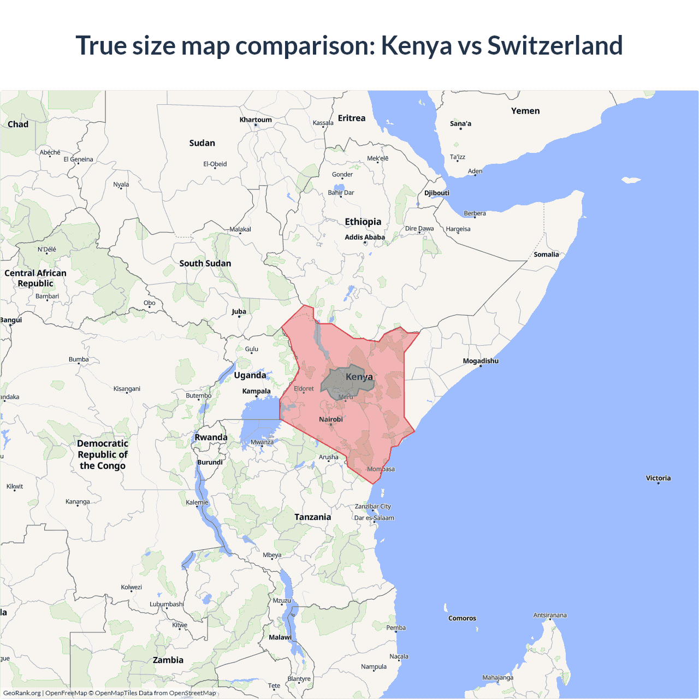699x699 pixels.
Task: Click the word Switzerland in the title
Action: (x=554, y=45)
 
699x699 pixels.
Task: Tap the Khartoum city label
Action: (x=256, y=120)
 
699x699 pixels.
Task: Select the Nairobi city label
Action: (x=331, y=419)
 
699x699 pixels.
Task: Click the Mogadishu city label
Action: (x=481, y=361)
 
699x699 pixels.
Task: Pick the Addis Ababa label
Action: (x=365, y=237)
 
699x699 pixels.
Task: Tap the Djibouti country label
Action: (x=437, y=193)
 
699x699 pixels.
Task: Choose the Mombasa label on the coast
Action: (x=381, y=469)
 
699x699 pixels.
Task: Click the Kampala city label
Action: (x=256, y=391)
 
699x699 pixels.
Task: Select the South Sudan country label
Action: (x=205, y=263)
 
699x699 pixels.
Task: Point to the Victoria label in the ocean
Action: (x=658, y=478)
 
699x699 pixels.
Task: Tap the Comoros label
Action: (x=462, y=618)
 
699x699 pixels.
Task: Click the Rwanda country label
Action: (x=211, y=437)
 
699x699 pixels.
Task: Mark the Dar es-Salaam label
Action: (x=374, y=518)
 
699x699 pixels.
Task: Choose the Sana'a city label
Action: (x=460, y=123)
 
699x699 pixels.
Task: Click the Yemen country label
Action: (x=525, y=111)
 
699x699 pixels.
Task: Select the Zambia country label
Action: (x=168, y=660)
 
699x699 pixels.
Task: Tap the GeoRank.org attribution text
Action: (x=22, y=693)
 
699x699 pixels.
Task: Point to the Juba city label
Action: (x=239, y=311)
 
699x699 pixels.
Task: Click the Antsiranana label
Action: (x=550, y=615)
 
